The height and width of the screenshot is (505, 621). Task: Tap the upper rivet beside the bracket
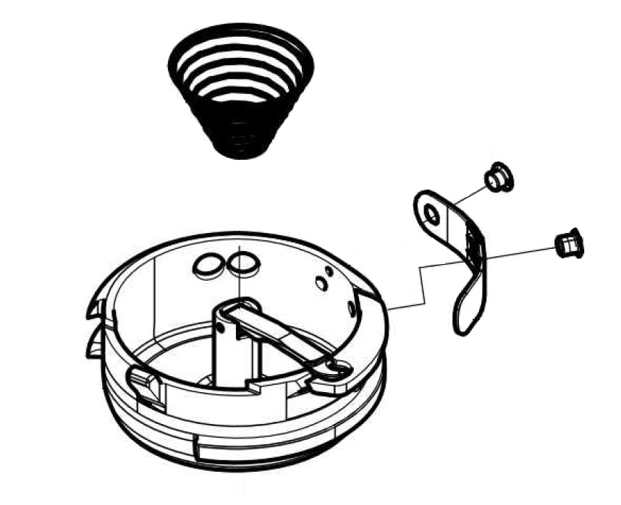(x=498, y=177)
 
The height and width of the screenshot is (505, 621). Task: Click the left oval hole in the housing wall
(x=208, y=266)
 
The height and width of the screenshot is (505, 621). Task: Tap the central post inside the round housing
(x=228, y=347)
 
